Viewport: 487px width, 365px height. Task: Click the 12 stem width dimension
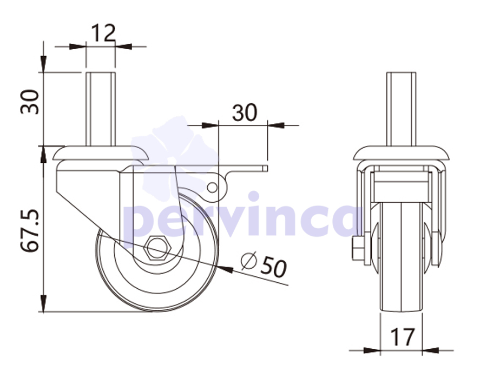(103, 33)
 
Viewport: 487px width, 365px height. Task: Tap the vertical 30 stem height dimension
(30, 102)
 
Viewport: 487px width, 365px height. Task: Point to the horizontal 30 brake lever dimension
(245, 112)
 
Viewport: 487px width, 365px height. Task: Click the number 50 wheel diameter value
(274, 266)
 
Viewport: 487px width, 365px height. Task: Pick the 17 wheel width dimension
(402, 337)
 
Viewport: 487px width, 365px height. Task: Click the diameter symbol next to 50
(249, 260)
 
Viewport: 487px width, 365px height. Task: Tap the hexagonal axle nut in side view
(157, 247)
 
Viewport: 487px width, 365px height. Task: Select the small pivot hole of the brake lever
(213, 188)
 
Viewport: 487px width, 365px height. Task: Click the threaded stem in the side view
(101, 109)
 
